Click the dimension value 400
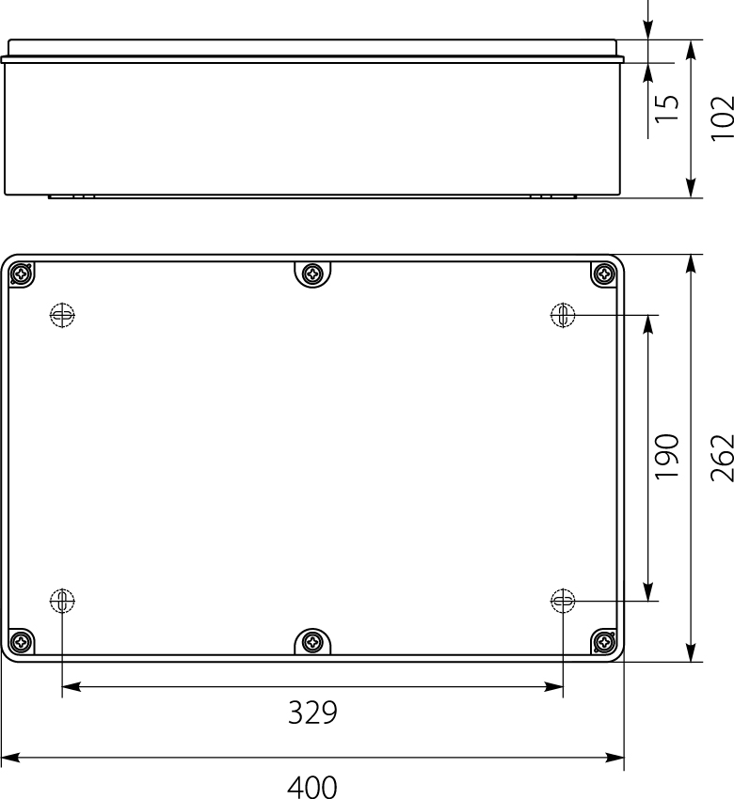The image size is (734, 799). coord(311,786)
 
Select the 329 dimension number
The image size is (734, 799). coord(311,713)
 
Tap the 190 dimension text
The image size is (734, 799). coord(667,457)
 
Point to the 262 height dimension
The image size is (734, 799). coord(722,457)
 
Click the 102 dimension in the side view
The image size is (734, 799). coord(722,118)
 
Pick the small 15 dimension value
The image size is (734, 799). coord(667,108)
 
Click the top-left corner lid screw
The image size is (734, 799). coord(21,274)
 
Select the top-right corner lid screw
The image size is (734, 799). coord(603,274)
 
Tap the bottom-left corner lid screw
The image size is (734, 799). coord(21,642)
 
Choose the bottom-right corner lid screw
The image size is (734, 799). coord(603,642)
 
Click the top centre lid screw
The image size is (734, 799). coord(312,274)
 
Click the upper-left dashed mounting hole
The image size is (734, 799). coord(62,316)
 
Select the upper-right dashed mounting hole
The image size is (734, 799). coord(563,316)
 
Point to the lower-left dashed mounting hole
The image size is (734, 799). coord(62,600)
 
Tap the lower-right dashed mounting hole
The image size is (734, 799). coord(563,600)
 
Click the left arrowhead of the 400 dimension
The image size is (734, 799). coord(9,757)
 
